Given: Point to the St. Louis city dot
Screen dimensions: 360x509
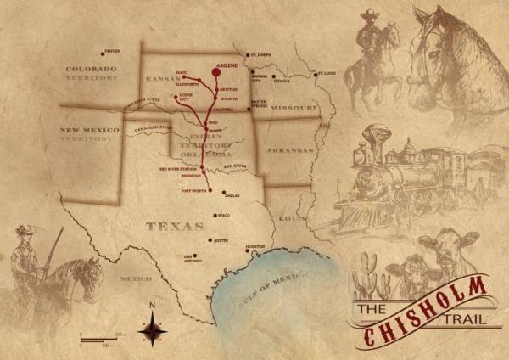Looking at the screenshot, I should (x=316, y=74).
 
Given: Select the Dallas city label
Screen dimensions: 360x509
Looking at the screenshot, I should (x=232, y=195).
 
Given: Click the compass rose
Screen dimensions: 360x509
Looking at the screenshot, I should (x=152, y=327).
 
